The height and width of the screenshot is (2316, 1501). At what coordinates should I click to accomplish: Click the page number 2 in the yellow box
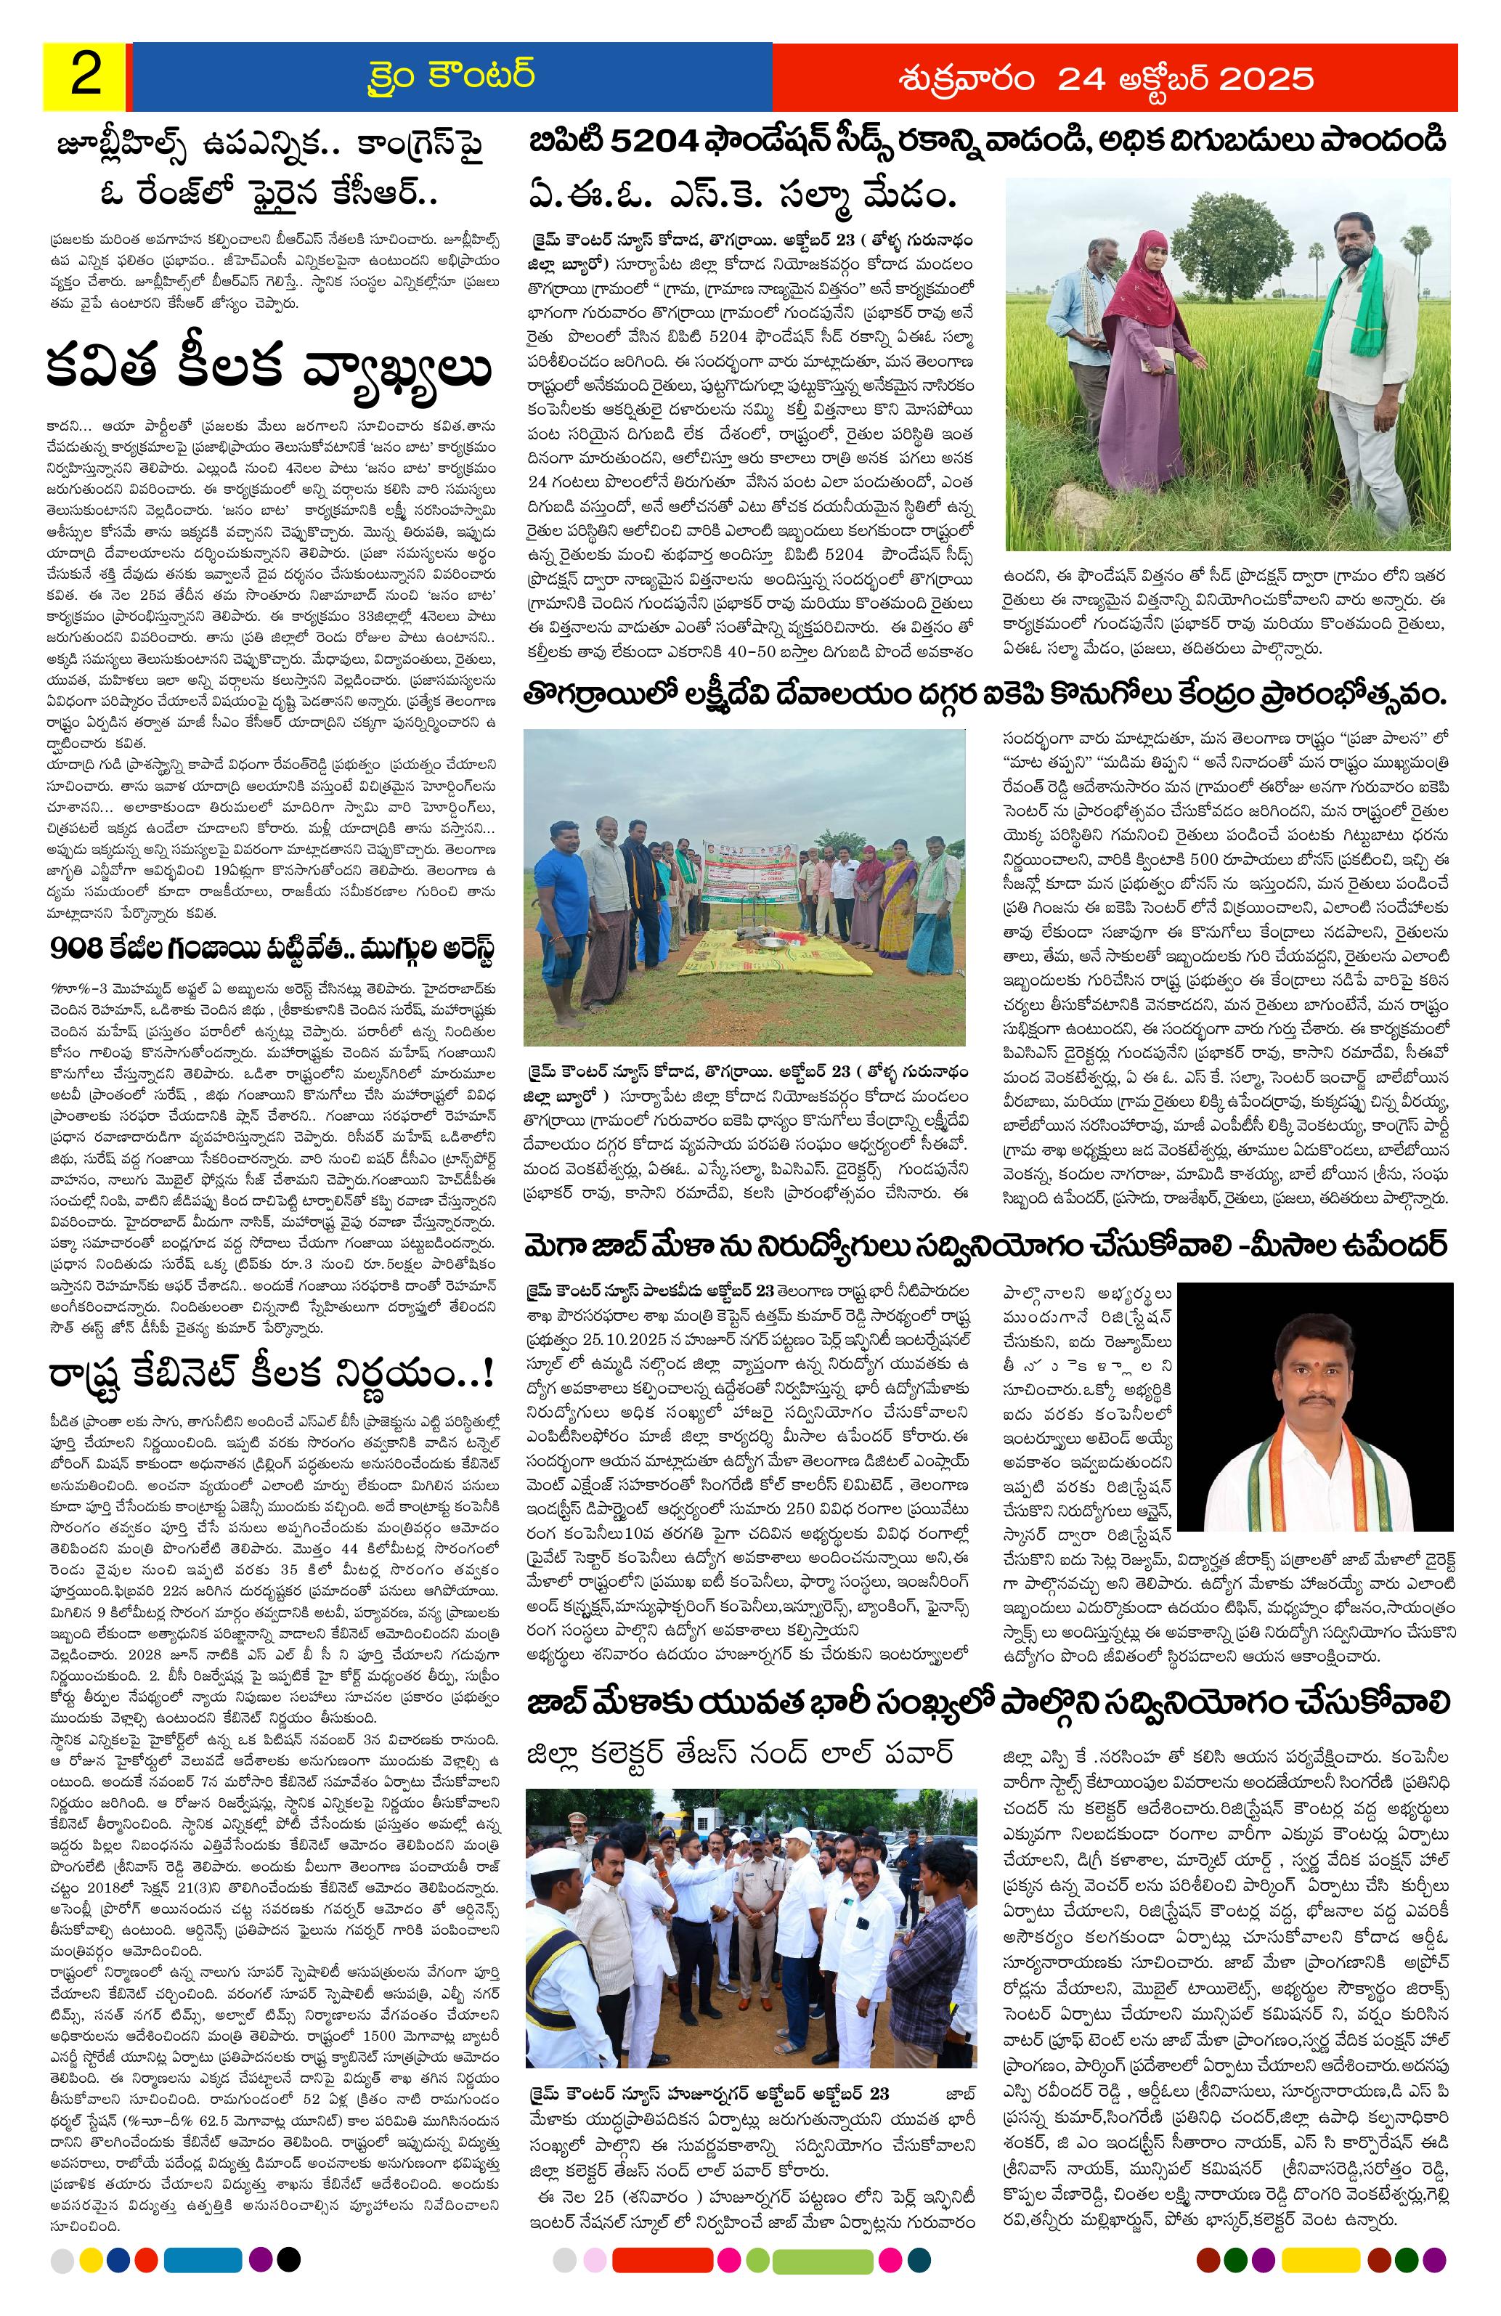84,77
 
